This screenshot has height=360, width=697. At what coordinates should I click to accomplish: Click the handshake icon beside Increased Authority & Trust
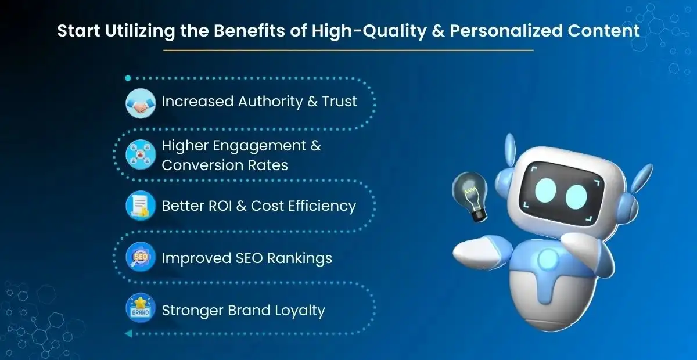[x=141, y=103]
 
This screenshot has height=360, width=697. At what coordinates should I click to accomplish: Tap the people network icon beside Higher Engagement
[x=141, y=154]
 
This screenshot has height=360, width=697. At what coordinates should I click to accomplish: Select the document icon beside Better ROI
[x=141, y=206]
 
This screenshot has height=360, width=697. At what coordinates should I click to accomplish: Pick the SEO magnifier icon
[x=141, y=257]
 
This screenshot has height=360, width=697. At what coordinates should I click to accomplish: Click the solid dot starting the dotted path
[x=128, y=78]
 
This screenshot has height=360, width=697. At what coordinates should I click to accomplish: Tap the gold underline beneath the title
[x=348, y=51]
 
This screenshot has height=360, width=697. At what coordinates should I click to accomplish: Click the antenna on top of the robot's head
[x=510, y=148]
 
